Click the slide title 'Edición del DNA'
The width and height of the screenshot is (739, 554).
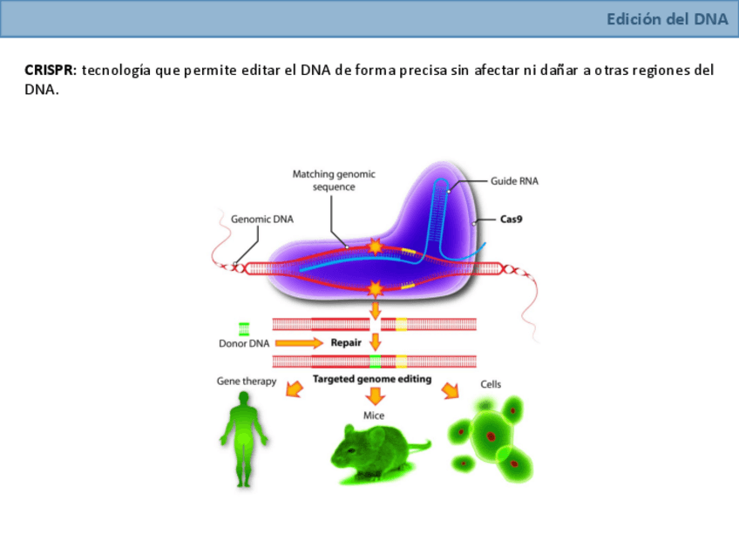(668, 19)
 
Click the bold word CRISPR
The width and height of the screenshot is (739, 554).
(50, 70)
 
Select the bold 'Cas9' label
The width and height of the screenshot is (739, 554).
(511, 220)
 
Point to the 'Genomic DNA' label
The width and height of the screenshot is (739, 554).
(262, 220)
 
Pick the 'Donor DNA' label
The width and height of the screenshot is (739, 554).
(243, 343)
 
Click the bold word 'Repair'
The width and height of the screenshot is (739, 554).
(346, 342)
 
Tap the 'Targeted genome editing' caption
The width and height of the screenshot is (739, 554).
(372, 379)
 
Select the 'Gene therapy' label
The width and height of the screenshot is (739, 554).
(247, 381)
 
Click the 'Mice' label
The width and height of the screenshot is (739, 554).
(374, 415)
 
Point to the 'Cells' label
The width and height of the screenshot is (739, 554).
(491, 384)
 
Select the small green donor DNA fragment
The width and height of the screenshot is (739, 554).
(244, 328)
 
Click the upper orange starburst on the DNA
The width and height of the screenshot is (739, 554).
(376, 247)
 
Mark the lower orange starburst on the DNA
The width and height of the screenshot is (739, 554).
(376, 287)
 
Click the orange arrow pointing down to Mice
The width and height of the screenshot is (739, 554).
(375, 396)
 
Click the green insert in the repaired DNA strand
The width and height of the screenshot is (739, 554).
(375, 361)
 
